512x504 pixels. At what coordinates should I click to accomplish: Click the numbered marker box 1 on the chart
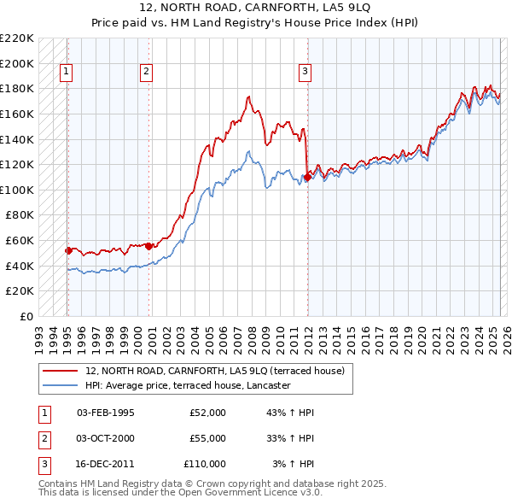click(x=67, y=73)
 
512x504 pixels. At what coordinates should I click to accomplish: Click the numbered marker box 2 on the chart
click(x=147, y=73)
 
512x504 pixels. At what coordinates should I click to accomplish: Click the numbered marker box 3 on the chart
click(x=305, y=73)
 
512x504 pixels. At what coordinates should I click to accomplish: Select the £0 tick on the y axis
click(x=27, y=316)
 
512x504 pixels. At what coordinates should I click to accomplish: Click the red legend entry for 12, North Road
click(x=214, y=371)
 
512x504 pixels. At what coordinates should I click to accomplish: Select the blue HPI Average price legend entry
click(x=188, y=385)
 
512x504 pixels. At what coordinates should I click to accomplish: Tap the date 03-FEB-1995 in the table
click(x=106, y=413)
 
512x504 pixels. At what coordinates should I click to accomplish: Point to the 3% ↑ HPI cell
click(x=293, y=464)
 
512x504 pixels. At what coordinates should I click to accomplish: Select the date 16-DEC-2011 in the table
click(x=106, y=464)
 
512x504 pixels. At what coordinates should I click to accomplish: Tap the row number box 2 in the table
click(x=42, y=438)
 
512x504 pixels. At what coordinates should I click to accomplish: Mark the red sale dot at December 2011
click(x=306, y=177)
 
